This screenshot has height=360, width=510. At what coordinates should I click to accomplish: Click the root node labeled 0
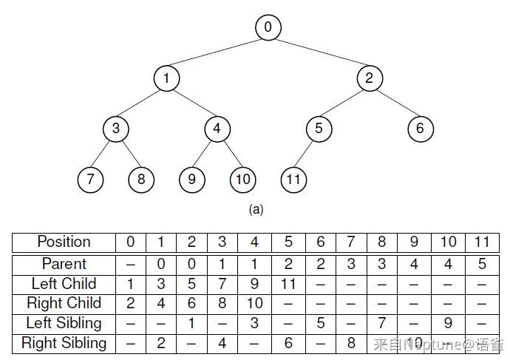coord(268,27)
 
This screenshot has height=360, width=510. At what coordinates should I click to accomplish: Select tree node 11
coord(293,180)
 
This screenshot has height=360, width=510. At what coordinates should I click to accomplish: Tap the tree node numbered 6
coord(421,129)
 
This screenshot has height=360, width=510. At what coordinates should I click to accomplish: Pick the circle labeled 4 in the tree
coord(217,129)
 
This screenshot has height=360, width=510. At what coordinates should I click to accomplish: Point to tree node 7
coord(90,180)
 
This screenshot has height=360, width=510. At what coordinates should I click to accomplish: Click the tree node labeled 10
coord(243,180)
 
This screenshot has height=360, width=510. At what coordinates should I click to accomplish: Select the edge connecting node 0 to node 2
coord(322,52)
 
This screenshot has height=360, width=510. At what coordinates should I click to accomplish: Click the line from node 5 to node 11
coord(303,154)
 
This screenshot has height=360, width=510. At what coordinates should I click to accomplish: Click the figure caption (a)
coord(256,209)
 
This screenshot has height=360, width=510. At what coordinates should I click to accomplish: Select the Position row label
coord(64,242)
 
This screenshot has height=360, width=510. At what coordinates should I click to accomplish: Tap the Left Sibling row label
coord(64,323)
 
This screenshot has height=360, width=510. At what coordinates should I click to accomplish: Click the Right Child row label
coord(64,303)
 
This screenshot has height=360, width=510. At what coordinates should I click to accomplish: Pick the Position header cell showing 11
coord(482,242)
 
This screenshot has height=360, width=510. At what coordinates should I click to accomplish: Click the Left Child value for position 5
coord(288,284)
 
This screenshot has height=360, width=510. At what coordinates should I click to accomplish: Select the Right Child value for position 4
coord(255,303)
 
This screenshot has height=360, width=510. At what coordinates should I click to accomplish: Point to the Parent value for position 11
coord(482,264)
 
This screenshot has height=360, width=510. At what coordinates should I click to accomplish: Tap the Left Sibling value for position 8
coord(382,323)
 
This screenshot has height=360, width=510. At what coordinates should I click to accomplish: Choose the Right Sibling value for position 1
coord(161,343)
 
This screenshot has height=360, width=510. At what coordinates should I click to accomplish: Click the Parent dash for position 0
coord(130,265)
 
